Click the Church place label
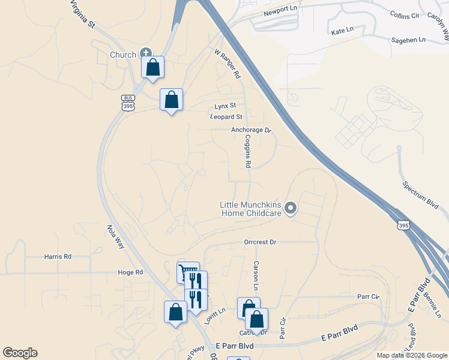coord(122,55)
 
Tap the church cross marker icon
coord(146,53)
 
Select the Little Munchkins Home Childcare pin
coord(291,209)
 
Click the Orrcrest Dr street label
coord(260,242)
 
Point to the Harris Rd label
coord(58,256)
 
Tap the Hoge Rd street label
coord(130,272)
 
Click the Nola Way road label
coord(116,237)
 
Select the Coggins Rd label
coord(247,151)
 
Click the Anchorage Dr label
coord(252,130)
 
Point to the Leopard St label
coord(226,116)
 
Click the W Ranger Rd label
coord(228,64)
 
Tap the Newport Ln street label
coord(280,13)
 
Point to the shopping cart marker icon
coord(188,272)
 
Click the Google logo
coord(20,353)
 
